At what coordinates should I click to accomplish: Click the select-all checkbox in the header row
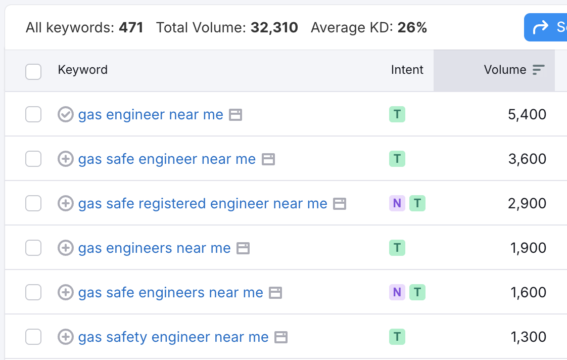point(33,72)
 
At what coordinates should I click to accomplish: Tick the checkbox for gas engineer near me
point(33,115)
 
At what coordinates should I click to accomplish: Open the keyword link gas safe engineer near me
point(167,159)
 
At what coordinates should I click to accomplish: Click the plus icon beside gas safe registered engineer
point(66,204)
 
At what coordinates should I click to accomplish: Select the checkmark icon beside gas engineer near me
point(66,115)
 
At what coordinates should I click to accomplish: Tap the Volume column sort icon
point(539,70)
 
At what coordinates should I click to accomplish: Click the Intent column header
point(407,70)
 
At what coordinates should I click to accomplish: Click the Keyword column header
point(83,70)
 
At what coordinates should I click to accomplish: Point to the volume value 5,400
point(527,115)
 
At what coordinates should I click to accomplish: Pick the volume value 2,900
point(527,204)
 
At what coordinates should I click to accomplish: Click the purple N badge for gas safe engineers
point(397,293)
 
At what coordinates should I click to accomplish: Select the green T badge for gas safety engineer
point(397,337)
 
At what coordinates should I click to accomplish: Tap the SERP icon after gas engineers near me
point(243,248)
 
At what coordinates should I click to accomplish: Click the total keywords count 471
point(131,27)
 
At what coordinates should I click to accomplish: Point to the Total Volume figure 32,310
point(274,27)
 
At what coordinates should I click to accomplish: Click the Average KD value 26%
point(412,27)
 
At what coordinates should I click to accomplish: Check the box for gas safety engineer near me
point(33,337)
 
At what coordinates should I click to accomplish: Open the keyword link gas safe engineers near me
point(170,293)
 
